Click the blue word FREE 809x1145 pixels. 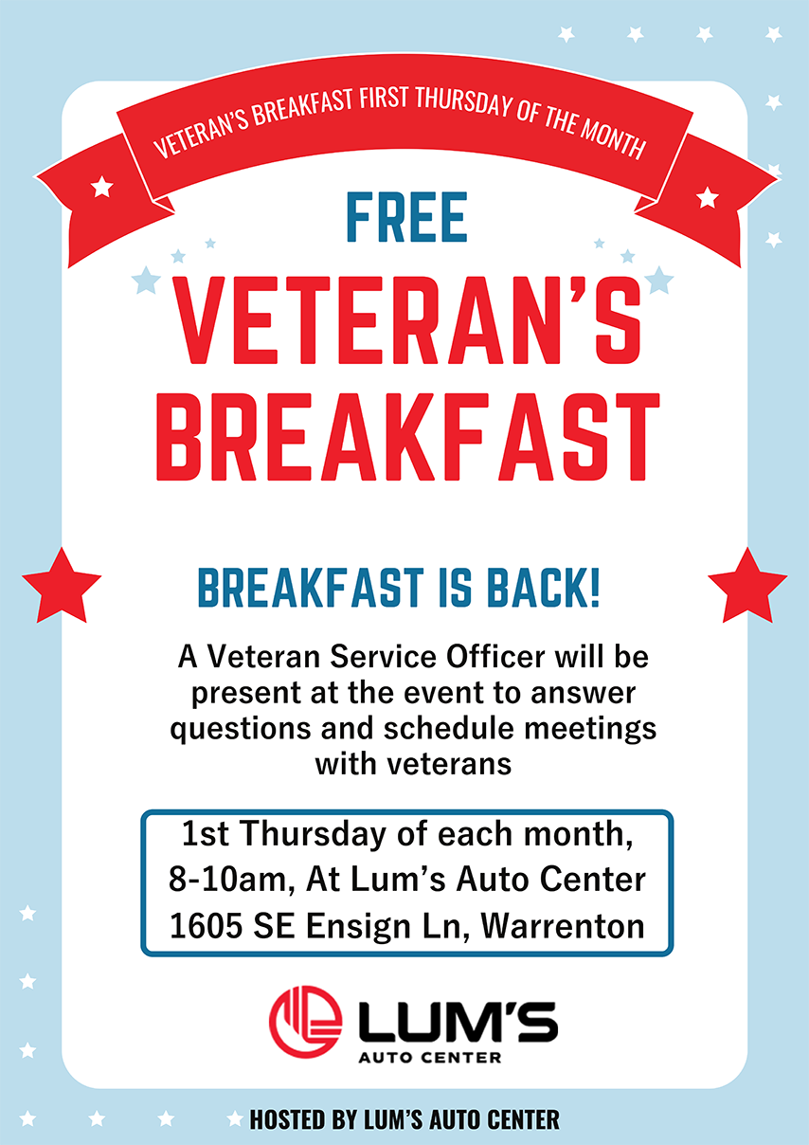coord(407,218)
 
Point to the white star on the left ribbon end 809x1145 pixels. coord(101,187)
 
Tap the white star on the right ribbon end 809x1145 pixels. coord(707,197)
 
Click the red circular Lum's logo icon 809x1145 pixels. coord(305,1024)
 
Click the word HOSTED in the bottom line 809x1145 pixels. coord(288,1119)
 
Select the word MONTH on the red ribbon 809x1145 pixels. coord(615,142)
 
